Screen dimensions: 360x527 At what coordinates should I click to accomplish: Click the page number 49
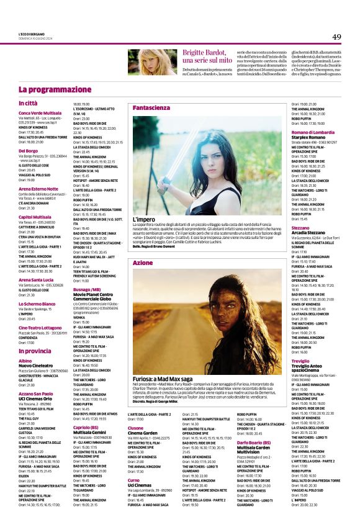(336, 36)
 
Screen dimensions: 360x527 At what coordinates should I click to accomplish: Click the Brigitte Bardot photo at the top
(152, 62)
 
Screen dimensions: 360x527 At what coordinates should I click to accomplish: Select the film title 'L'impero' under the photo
(144, 219)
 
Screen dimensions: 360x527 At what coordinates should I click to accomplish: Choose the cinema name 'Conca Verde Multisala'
(40, 113)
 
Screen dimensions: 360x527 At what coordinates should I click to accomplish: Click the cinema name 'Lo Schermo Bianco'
(37, 304)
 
